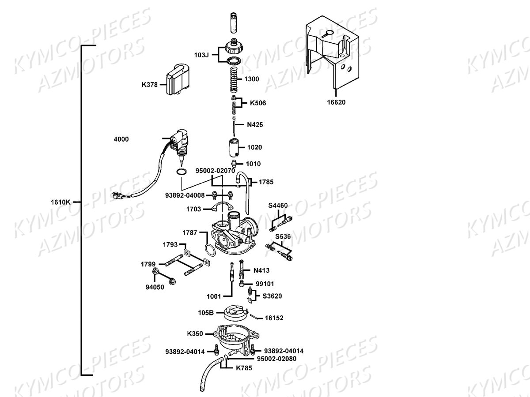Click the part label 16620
(336, 102)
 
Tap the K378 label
(149, 85)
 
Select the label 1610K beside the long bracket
(61, 202)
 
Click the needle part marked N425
(234, 127)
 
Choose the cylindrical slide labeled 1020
(234, 147)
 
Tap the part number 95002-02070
(215, 171)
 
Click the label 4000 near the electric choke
(121, 139)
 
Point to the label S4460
(278, 206)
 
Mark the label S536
(283, 237)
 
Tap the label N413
(261, 270)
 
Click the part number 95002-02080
(277, 359)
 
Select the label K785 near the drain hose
(244, 368)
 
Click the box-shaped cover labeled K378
(178, 79)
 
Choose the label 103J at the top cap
(201, 55)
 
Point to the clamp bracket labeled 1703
(222, 207)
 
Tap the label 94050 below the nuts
(155, 287)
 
